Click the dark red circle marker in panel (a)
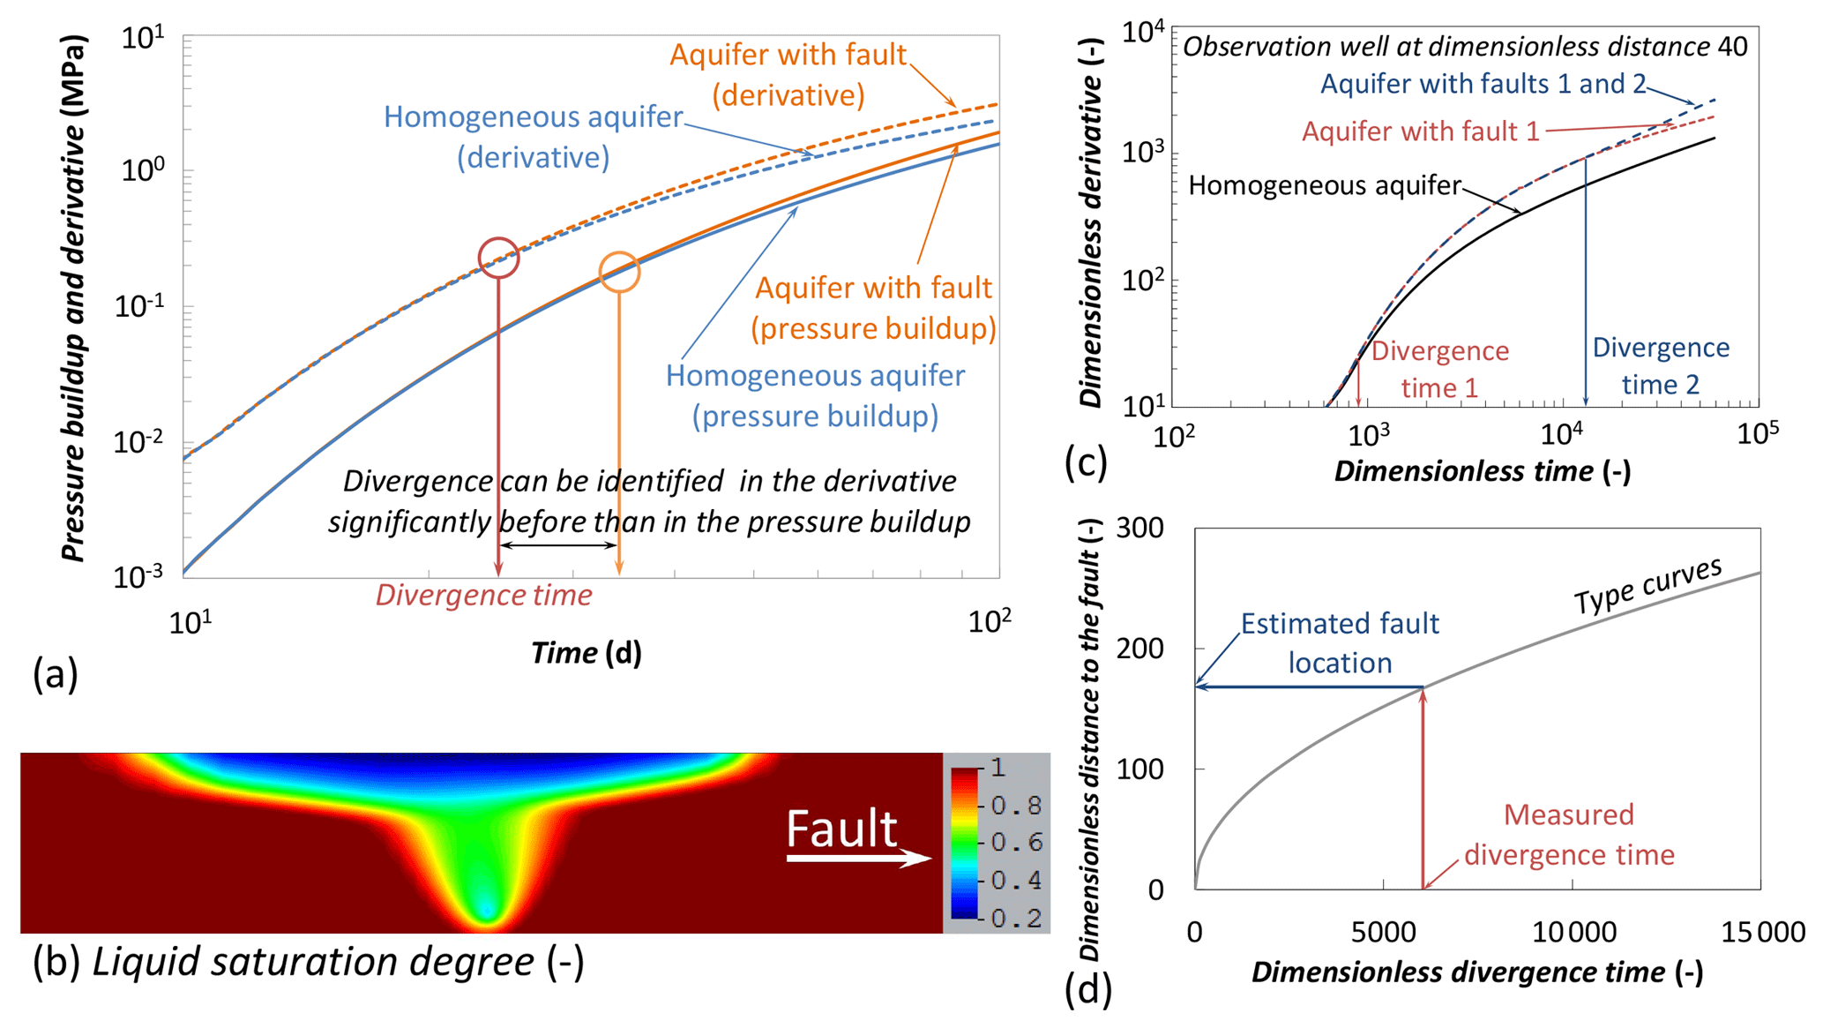click(498, 258)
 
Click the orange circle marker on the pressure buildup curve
click(619, 272)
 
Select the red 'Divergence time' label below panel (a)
click(483, 595)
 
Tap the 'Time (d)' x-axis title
click(586, 653)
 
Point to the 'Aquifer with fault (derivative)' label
click(788, 75)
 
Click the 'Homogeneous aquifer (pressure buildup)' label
click(815, 395)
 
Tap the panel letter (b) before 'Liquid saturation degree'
click(56, 961)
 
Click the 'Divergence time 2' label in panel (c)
click(1660, 366)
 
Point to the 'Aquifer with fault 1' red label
click(1420, 131)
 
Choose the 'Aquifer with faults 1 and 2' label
click(1483, 84)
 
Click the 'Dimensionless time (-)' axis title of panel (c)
click(1482, 471)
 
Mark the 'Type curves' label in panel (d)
click(1647, 587)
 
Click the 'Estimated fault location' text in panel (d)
click(1339, 643)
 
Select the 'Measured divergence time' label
click(1569, 834)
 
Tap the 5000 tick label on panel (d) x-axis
click(1382, 932)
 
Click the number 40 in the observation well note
click(1732, 47)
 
